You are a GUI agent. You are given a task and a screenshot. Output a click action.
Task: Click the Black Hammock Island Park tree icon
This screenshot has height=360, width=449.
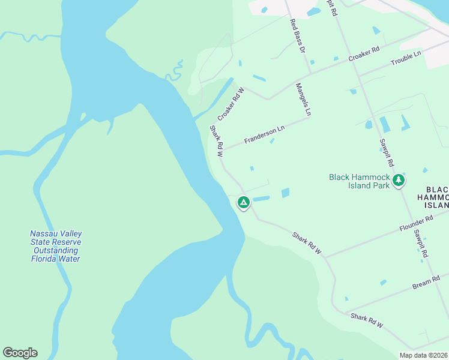click(x=398, y=180)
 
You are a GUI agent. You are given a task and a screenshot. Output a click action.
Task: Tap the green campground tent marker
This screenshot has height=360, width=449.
click(x=244, y=203)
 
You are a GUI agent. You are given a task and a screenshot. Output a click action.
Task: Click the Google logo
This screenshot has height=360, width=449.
click(x=20, y=353)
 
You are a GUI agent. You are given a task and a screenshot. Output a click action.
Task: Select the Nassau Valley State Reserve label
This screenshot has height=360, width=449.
click(x=56, y=246)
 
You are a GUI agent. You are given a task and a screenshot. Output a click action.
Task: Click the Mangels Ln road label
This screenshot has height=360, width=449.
click(x=304, y=100)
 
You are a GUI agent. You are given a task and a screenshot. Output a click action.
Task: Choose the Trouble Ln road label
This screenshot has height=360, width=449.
click(x=406, y=58)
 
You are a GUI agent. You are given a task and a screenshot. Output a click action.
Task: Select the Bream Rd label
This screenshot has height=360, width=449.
click(x=426, y=282)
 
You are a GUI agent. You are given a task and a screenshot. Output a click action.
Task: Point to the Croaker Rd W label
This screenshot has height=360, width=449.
click(x=231, y=103)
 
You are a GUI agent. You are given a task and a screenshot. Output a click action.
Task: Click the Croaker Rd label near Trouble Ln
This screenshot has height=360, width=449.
click(x=364, y=53)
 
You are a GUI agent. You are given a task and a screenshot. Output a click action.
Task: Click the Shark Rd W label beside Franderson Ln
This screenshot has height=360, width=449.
click(x=216, y=141)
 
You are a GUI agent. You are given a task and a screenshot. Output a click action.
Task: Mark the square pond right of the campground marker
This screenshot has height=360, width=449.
click(x=285, y=193)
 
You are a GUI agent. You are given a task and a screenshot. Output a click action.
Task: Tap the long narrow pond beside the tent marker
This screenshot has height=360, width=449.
click(x=261, y=199)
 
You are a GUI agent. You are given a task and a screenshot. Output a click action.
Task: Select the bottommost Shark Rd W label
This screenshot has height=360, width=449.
click(x=367, y=320)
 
